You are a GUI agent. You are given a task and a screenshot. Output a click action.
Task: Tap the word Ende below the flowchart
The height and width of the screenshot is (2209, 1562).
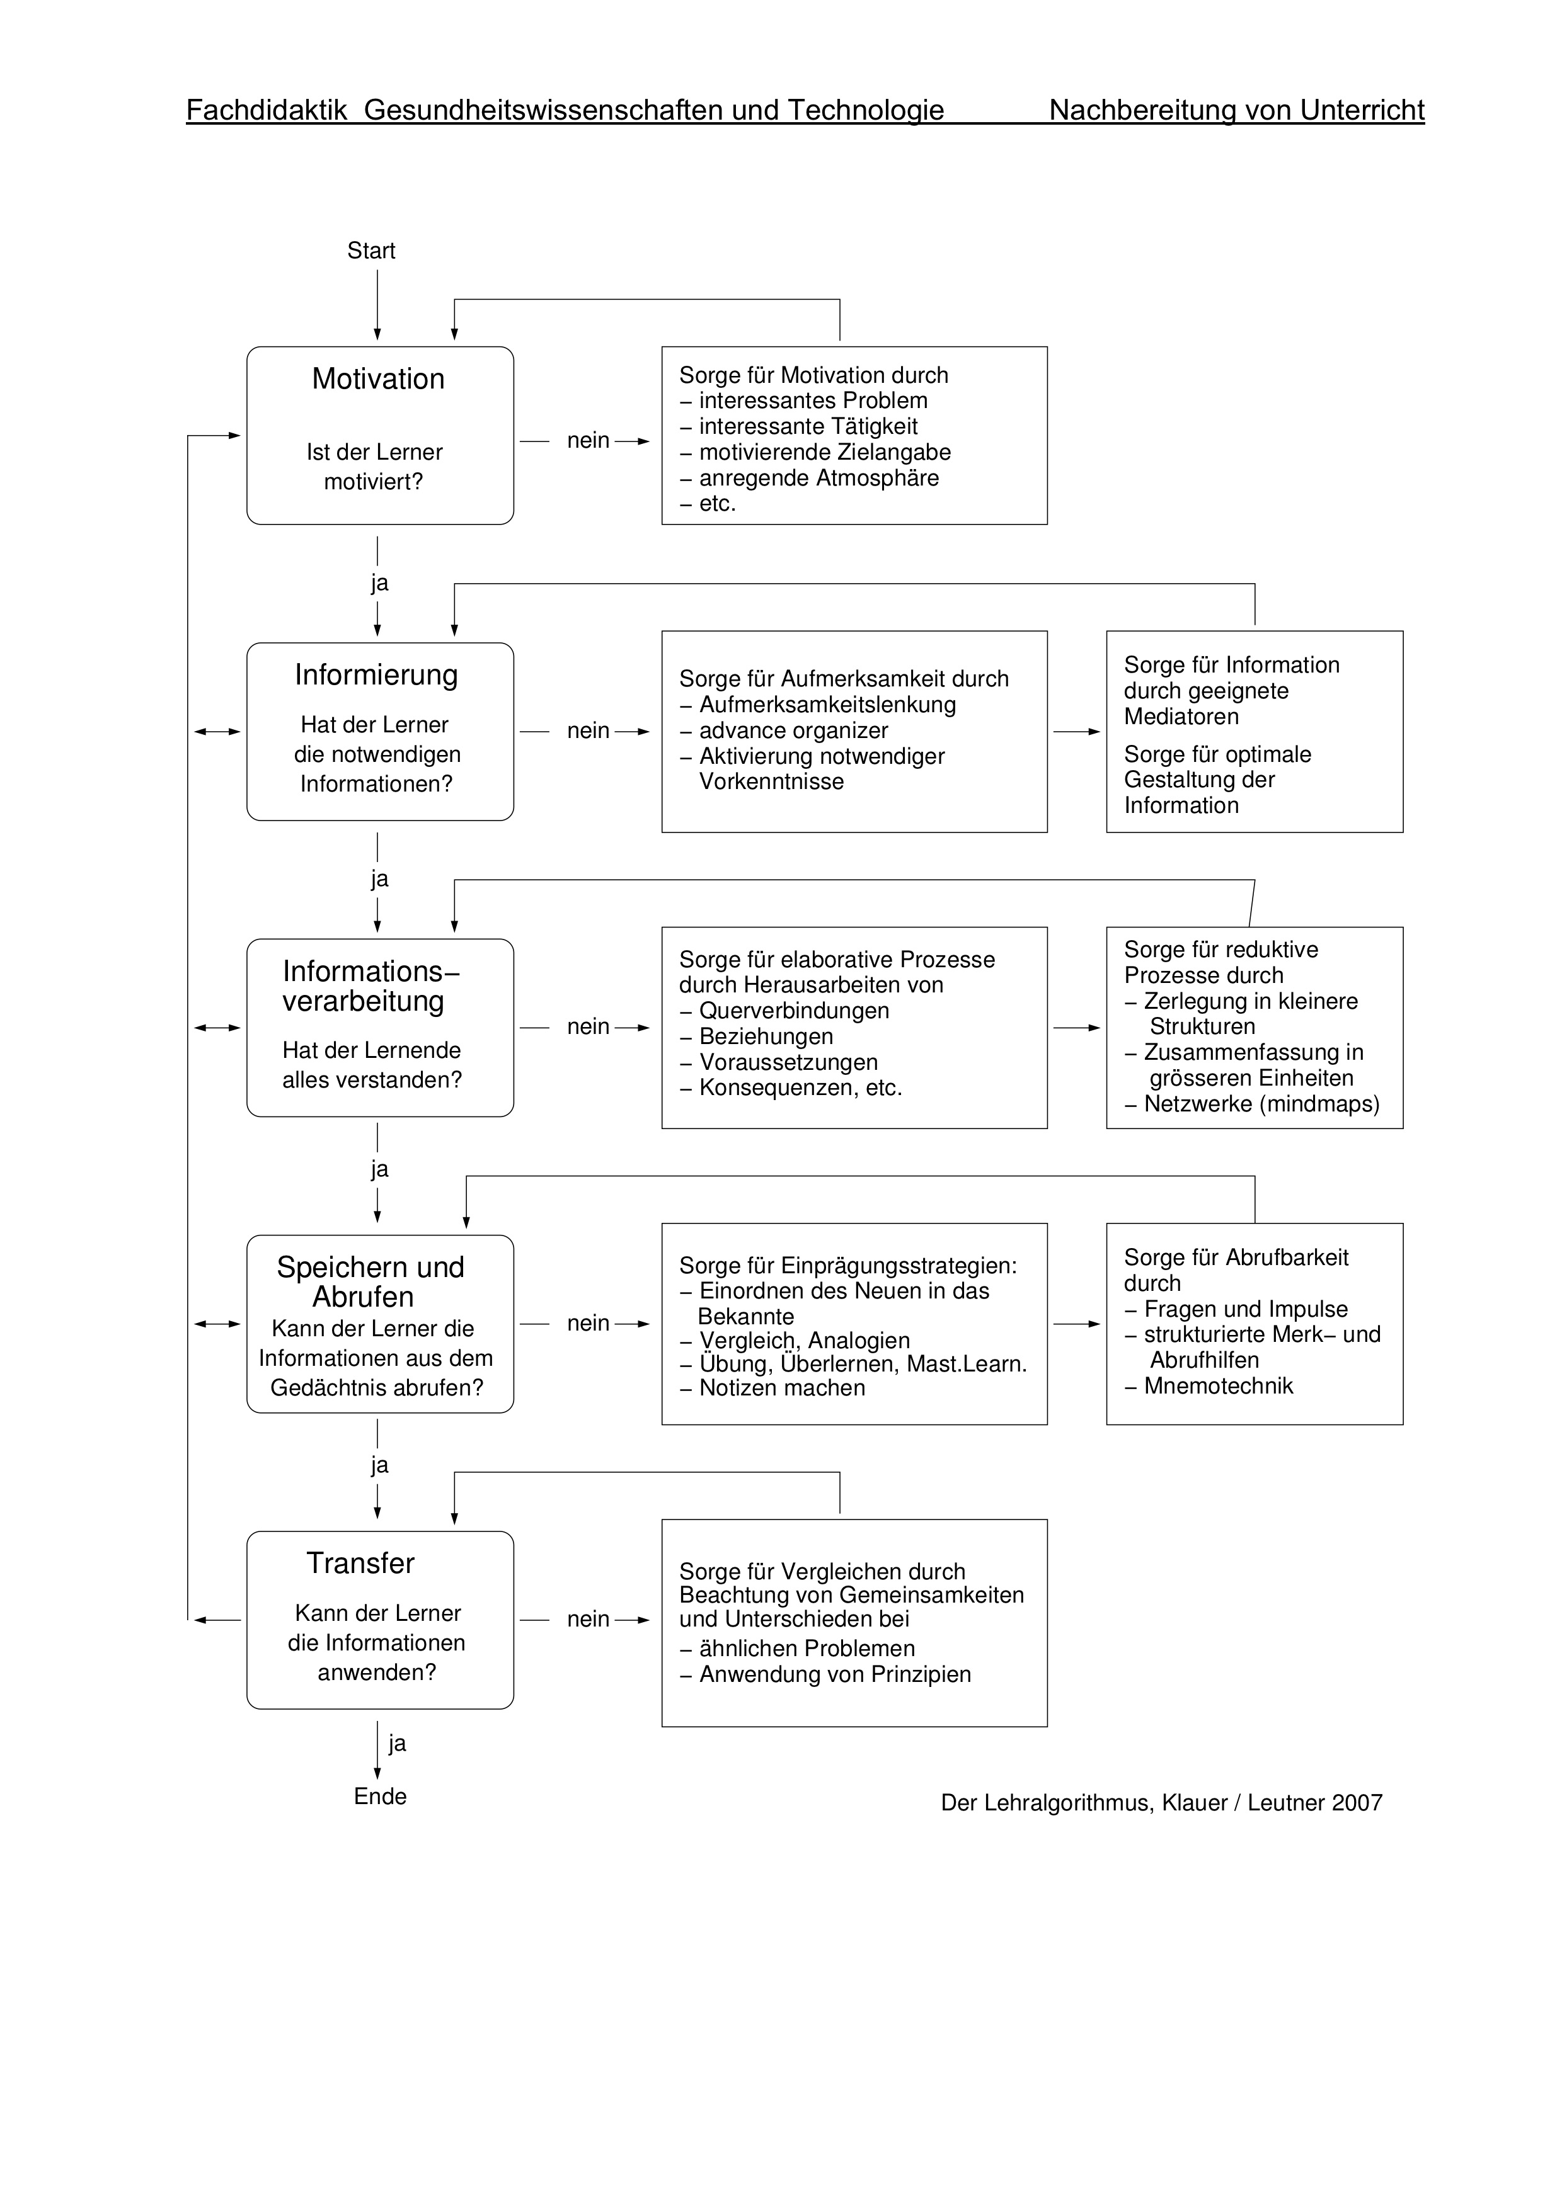(380, 1797)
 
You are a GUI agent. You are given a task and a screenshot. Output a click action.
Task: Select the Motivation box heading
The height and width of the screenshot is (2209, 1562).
(378, 379)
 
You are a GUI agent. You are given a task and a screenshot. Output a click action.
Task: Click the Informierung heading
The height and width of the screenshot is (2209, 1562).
(376, 676)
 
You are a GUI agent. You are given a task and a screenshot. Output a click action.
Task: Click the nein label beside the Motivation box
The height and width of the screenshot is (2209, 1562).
(588, 441)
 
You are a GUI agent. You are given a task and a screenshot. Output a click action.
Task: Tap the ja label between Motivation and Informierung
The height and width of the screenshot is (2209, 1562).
(379, 583)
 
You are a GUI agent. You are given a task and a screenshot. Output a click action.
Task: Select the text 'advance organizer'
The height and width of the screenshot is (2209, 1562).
(793, 730)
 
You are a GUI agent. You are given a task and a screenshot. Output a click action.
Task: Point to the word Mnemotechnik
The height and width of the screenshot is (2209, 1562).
(1219, 1387)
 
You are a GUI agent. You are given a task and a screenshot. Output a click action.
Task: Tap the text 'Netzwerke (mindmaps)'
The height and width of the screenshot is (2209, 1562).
(1261, 1104)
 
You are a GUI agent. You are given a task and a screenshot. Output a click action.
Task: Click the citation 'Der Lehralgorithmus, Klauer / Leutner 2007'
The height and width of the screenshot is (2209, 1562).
(1162, 1803)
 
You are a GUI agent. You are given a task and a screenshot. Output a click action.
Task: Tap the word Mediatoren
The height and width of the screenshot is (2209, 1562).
(1181, 717)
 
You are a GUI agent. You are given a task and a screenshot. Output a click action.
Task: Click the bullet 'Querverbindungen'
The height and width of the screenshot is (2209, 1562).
(793, 1011)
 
